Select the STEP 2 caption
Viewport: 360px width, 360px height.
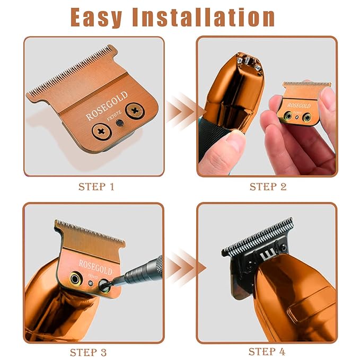tap(268, 187)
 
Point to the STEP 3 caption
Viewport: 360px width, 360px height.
tap(92, 352)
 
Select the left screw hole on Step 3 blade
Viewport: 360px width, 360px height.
tap(75, 277)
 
